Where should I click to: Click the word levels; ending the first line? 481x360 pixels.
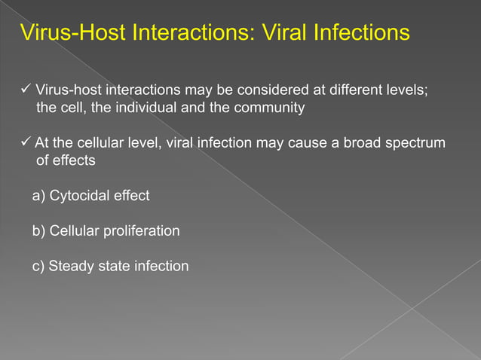coord(408,90)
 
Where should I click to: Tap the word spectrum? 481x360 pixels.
coord(415,143)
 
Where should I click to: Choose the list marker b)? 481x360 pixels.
coord(39,231)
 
